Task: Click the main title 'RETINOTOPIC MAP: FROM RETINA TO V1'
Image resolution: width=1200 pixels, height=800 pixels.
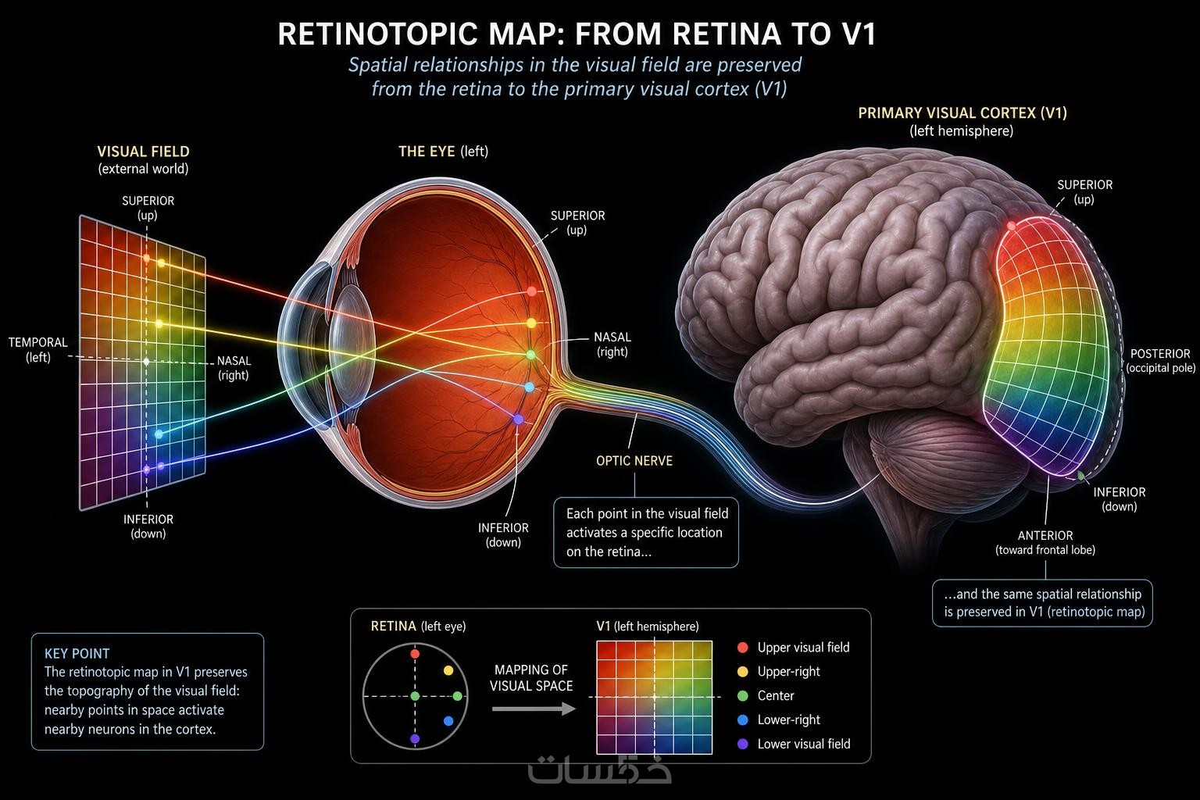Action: point(577,34)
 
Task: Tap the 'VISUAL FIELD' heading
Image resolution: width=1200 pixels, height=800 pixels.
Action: point(143,152)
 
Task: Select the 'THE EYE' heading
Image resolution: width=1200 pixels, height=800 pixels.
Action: point(427,152)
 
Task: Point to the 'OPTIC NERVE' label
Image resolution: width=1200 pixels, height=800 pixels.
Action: point(634,461)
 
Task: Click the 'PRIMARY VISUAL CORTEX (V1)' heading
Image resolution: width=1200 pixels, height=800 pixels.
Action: point(962,113)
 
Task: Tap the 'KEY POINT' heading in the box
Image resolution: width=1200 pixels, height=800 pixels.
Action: point(77,653)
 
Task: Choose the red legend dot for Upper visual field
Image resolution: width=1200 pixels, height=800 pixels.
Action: point(742,648)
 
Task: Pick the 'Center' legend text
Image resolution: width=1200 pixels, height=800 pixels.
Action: point(775,695)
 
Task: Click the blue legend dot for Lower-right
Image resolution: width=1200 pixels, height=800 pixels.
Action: point(742,720)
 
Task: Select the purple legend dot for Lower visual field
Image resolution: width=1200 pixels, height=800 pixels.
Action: point(742,744)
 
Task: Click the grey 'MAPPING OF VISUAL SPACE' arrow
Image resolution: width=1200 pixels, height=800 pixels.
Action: point(534,709)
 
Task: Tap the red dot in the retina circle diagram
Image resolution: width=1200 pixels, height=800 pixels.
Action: point(415,654)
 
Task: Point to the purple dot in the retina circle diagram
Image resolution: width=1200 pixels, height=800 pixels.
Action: point(415,739)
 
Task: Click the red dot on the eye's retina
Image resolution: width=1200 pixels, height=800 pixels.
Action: point(531,291)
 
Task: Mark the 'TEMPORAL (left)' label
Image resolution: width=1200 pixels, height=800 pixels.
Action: point(38,349)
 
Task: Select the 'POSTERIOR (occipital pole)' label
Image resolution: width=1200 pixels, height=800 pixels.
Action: point(1160,361)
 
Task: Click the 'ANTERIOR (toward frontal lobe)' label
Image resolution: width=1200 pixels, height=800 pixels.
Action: point(1045,542)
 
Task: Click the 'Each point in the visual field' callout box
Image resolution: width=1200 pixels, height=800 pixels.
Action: point(645,533)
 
